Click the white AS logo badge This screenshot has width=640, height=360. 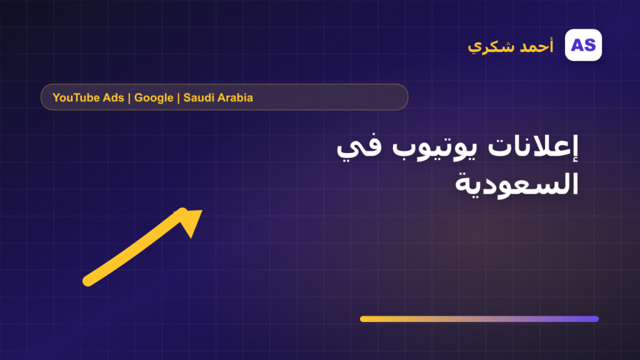click(583, 45)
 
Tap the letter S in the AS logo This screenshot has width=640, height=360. click(590, 45)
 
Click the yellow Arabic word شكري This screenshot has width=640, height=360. click(491, 47)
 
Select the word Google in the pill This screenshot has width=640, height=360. click(154, 98)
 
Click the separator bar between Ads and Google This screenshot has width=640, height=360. click(129, 98)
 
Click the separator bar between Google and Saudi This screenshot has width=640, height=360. click(178, 98)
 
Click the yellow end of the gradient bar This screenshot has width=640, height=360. click(363, 319)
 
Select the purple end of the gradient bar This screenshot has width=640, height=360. click(596, 319)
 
